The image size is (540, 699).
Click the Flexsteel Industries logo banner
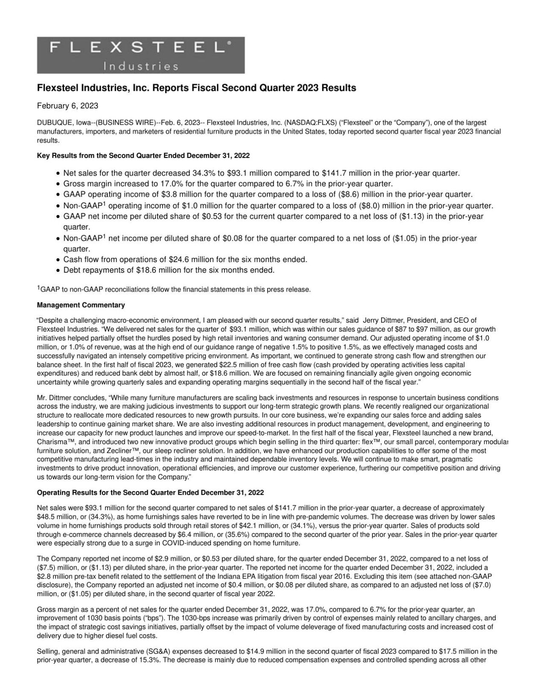[x=141, y=55]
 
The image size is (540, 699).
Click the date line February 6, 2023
[x=67, y=105]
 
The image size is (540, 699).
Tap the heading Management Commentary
[x=81, y=305]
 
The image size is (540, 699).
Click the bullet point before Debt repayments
[x=59, y=271]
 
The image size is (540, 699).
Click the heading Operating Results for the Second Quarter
[x=150, y=492]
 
